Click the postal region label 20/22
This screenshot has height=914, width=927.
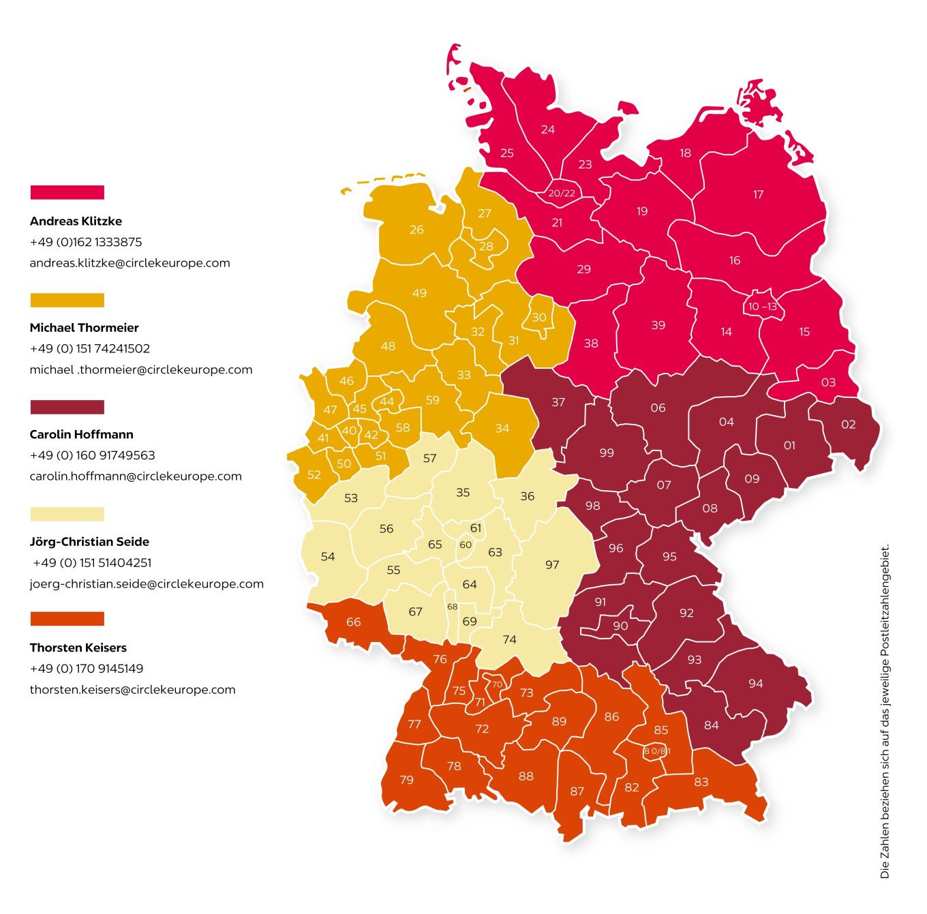click(562, 194)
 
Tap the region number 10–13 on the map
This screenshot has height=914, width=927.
click(762, 307)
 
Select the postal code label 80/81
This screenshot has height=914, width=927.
click(657, 751)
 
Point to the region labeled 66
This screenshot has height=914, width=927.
click(353, 622)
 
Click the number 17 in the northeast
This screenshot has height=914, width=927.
click(758, 195)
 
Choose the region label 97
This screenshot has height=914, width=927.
click(552, 565)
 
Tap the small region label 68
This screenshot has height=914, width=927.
click(452, 607)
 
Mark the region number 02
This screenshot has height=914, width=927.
click(848, 424)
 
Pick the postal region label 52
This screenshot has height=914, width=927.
click(314, 475)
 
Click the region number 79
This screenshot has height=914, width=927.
click(406, 780)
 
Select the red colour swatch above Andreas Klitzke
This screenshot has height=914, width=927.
click(67, 192)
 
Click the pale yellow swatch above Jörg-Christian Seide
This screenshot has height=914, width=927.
click(67, 514)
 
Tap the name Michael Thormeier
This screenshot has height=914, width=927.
click(84, 328)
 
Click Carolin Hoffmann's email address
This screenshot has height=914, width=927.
click(136, 476)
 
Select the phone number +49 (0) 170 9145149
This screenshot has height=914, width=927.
click(87, 669)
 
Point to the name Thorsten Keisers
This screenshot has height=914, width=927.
click(78, 648)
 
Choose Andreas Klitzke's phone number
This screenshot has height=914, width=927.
click(86, 242)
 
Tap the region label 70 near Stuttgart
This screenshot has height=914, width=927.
click(497, 684)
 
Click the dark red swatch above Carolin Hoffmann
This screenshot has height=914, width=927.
click(67, 407)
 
